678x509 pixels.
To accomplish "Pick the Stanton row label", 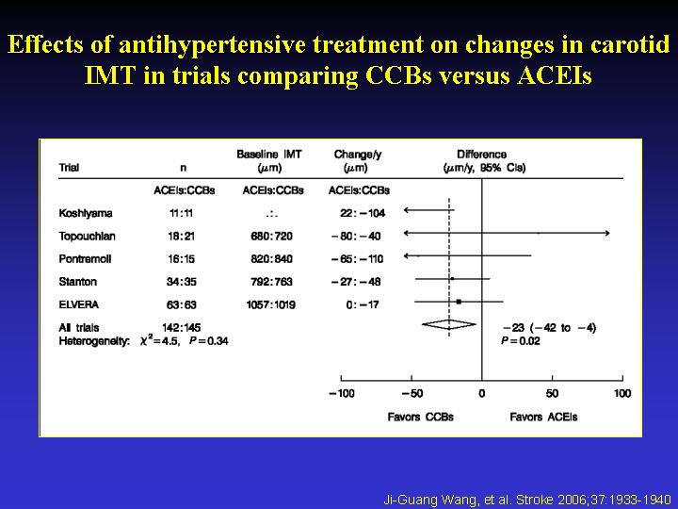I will click(77, 281).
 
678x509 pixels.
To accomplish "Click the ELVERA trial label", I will click(79, 304).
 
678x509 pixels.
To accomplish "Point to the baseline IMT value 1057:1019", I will click(273, 304).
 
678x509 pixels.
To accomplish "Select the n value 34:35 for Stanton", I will click(184, 281).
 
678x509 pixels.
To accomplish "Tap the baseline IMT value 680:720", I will click(273, 236).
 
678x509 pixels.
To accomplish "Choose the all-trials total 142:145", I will click(184, 327).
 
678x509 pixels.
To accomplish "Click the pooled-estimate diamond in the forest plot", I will click(449, 324).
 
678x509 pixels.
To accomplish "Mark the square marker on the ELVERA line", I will click(460, 302).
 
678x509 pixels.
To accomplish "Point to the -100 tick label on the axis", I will click(342, 393).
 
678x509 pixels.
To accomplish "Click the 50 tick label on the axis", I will click(552, 393).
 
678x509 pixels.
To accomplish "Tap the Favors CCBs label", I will click(414, 417).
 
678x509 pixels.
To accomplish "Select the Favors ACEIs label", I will click(543, 417).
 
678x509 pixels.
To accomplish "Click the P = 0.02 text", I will click(520, 340).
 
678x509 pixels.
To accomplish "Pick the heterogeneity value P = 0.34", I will click(208, 340).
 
